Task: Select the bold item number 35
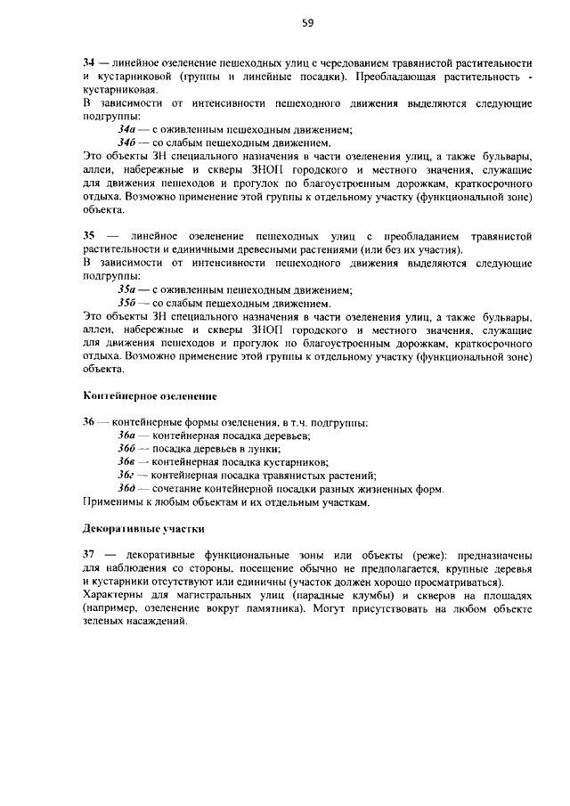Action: pos(88,235)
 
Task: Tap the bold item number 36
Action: pos(88,422)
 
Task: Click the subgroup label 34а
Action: pos(127,129)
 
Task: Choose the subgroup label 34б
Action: pos(127,142)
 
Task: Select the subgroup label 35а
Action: pos(127,289)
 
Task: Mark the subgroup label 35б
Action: pos(127,303)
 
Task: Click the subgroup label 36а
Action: pos(127,436)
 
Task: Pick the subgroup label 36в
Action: pos(127,462)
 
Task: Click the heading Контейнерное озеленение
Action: pos(150,395)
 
